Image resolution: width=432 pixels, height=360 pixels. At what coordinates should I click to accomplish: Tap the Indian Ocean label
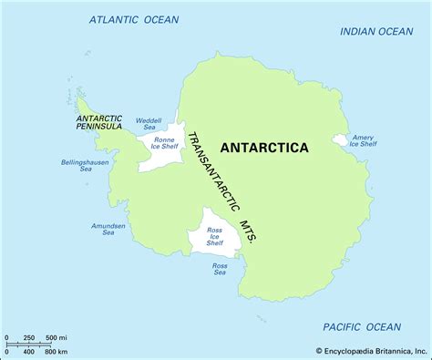tap(376, 31)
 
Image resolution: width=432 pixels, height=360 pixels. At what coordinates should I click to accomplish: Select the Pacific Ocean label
tap(362, 326)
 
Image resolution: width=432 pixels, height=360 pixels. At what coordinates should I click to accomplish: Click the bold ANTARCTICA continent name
tap(263, 148)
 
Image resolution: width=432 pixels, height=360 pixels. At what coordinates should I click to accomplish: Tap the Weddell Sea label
tap(147, 123)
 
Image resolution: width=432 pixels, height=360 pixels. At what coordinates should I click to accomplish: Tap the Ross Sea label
tap(220, 269)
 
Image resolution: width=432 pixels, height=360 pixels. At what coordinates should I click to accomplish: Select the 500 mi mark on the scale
tap(56, 338)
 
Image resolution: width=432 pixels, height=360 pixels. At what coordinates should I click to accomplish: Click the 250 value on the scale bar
tap(28, 338)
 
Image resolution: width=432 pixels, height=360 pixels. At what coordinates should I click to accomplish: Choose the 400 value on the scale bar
tap(28, 351)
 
